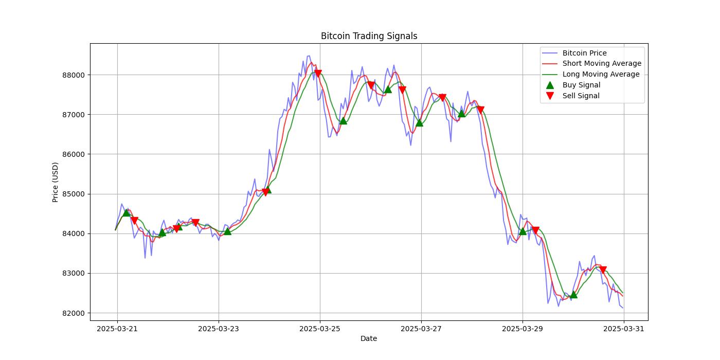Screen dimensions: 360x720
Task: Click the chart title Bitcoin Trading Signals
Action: click(369, 36)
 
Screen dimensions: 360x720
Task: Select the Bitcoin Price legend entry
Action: click(584, 53)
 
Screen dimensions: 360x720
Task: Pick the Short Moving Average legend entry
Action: click(602, 64)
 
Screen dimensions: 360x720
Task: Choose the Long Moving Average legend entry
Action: click(601, 74)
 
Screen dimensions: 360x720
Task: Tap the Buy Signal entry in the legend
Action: click(581, 85)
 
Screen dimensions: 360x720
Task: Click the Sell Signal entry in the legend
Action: click(581, 96)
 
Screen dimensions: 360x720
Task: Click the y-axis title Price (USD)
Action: click(56, 182)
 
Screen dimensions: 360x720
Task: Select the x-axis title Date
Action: click(369, 338)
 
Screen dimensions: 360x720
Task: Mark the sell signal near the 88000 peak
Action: click(318, 74)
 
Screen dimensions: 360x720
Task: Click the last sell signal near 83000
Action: click(603, 270)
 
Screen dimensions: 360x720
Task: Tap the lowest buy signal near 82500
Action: click(573, 295)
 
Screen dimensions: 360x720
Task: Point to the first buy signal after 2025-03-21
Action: click(126, 212)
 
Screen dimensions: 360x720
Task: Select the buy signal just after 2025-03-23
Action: click(227, 231)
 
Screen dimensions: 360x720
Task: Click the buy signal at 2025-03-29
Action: click(523, 231)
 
